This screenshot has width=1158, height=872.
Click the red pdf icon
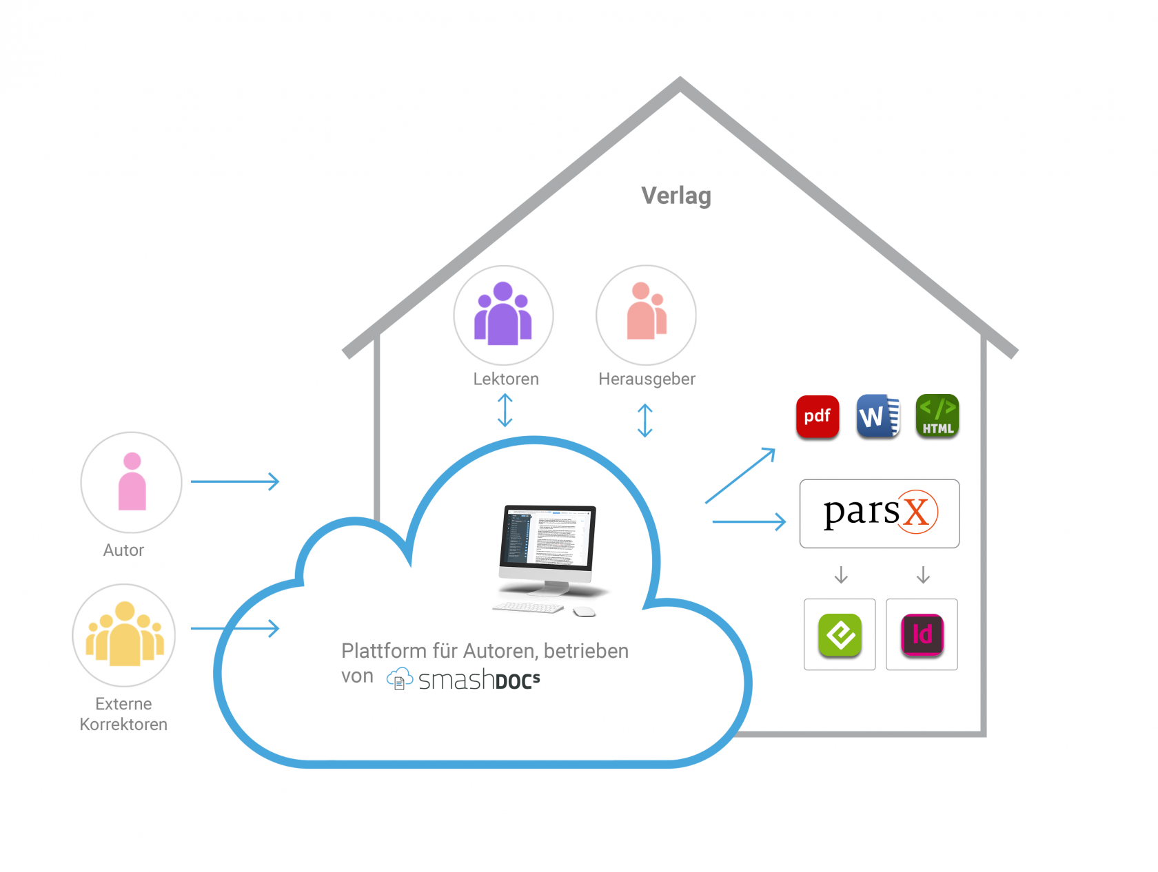pyautogui.click(x=817, y=417)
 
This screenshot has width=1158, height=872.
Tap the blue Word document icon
pyautogui.click(x=877, y=416)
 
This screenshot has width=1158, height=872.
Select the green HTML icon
pyautogui.click(x=937, y=416)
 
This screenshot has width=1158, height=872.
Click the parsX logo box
pyautogui.click(x=879, y=513)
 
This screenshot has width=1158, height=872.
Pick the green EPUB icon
pyautogui.click(x=840, y=634)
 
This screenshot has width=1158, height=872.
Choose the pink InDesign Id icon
pyautogui.click(x=922, y=634)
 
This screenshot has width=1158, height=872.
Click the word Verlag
pyautogui.click(x=675, y=196)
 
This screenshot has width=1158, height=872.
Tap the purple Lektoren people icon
pyautogui.click(x=503, y=315)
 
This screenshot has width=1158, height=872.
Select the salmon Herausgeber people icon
pyautogui.click(x=646, y=314)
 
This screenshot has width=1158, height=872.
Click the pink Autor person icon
pyautogui.click(x=132, y=481)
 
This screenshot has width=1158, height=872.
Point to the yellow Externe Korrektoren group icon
pyautogui.click(x=124, y=634)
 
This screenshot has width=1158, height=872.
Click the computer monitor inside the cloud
pyautogui.click(x=548, y=544)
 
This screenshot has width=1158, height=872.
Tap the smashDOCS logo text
pyautogui.click(x=478, y=680)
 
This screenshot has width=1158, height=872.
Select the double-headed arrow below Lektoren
pyautogui.click(x=505, y=410)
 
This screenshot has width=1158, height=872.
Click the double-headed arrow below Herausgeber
pyautogui.click(x=644, y=420)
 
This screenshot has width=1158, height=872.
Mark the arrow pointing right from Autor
pyautogui.click(x=234, y=481)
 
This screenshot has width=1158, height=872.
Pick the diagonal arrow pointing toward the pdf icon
pyautogui.click(x=740, y=475)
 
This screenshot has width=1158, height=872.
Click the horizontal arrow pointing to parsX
pyautogui.click(x=749, y=521)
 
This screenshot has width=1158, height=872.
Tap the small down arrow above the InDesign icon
pyautogui.click(x=923, y=574)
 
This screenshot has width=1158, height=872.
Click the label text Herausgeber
pyautogui.click(x=647, y=379)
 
